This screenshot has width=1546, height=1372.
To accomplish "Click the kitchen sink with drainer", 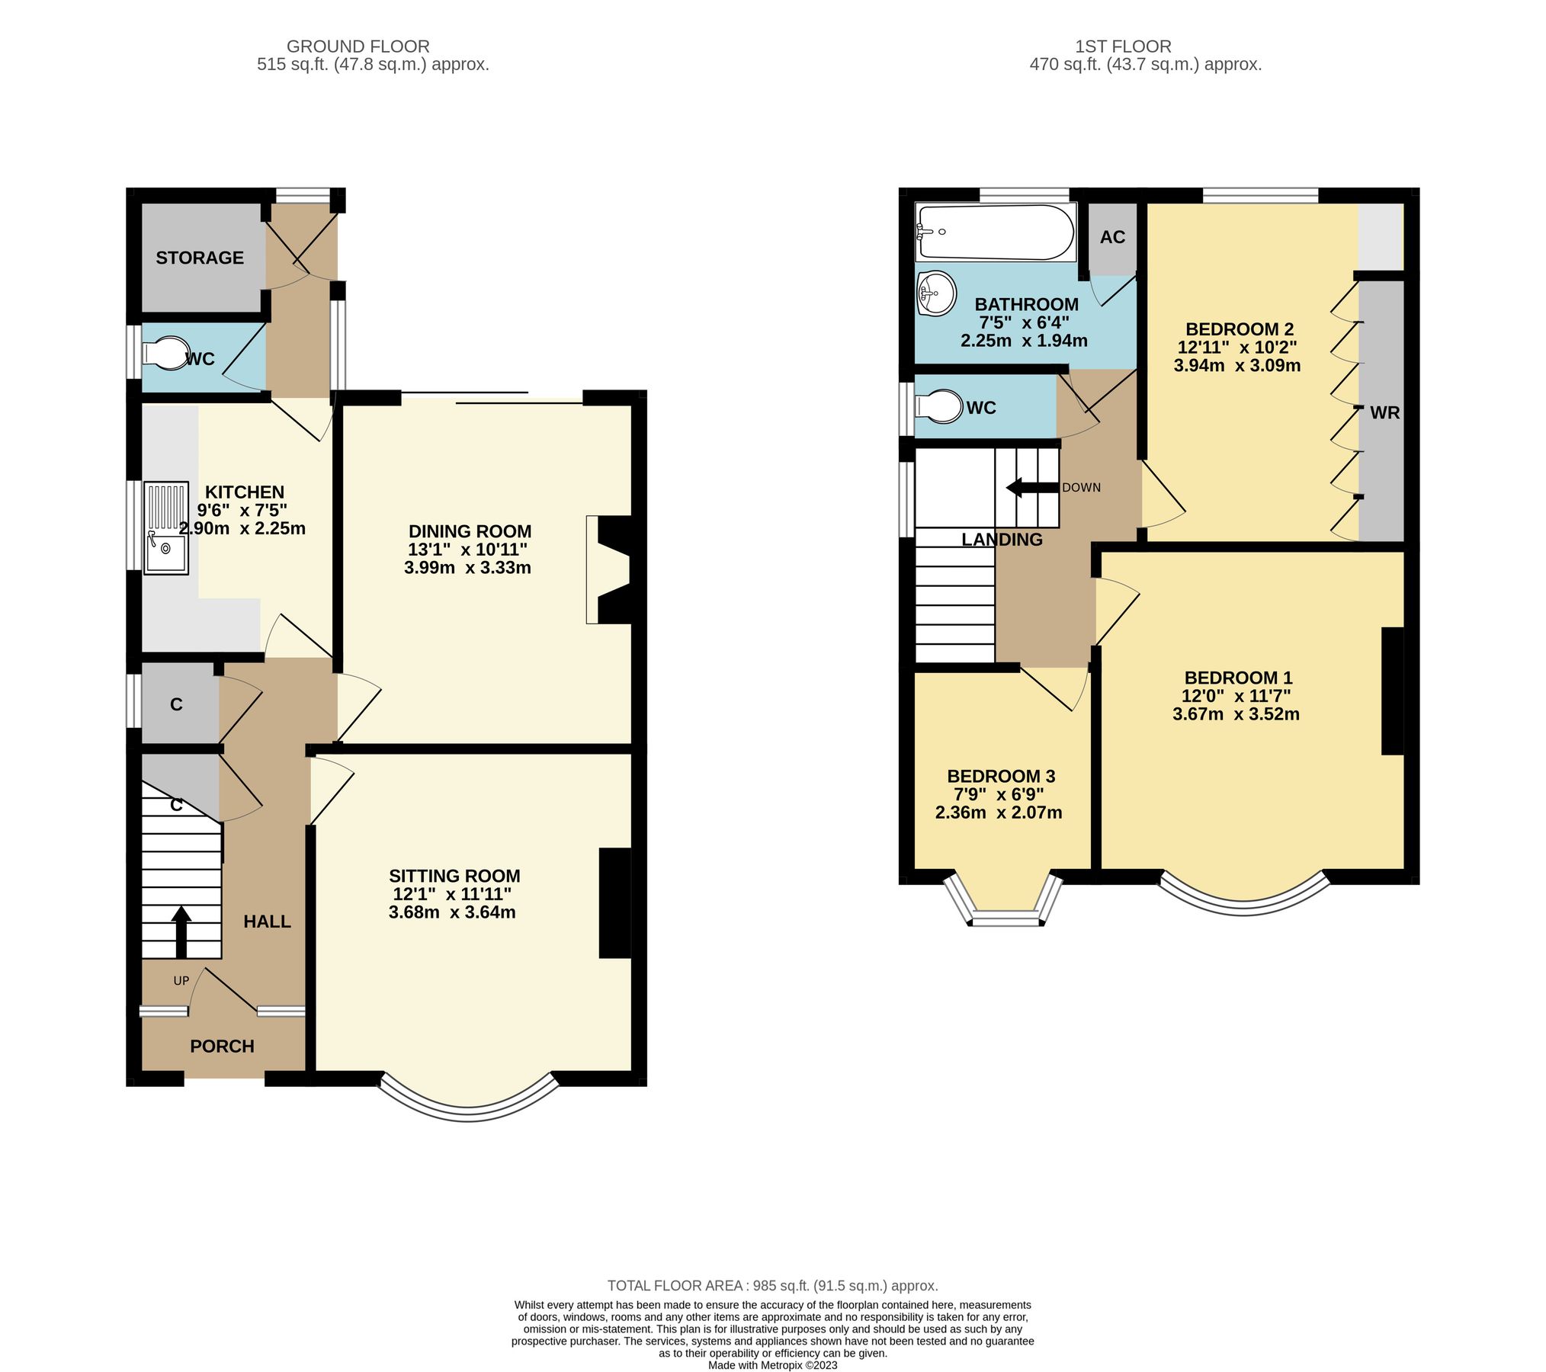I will (166, 527).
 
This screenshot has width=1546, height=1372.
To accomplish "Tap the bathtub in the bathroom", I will (995, 232).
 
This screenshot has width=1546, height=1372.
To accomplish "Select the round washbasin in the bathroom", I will (936, 293).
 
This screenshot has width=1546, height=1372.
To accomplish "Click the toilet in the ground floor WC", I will (167, 354).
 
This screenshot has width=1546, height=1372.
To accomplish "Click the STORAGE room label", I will (200, 258).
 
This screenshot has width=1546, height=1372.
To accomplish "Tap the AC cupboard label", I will (1112, 237).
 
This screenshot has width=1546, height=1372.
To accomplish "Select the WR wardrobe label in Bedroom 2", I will (1384, 413).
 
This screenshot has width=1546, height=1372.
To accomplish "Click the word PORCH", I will (222, 1046).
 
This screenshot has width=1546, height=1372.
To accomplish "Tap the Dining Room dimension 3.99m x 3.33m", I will (467, 567).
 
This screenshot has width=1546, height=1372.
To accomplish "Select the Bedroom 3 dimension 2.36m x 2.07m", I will (998, 813).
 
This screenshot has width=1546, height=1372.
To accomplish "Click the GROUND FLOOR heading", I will (358, 46).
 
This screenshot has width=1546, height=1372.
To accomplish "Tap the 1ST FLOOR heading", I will (1122, 46).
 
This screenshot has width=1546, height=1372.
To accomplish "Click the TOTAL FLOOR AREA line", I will (772, 1286).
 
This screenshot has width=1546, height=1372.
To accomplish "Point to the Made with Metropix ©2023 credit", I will (772, 1365).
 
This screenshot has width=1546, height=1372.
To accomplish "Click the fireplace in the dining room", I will (610, 570).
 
